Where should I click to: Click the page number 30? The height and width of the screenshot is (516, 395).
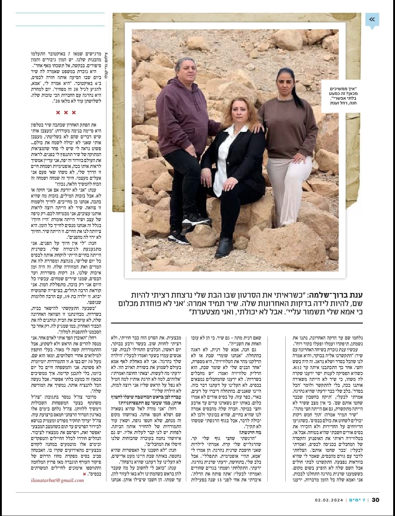[x=376, y=500]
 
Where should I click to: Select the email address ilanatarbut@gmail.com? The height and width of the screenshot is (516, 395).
[x=60, y=480]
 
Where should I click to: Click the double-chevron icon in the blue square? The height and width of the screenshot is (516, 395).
[x=372, y=19]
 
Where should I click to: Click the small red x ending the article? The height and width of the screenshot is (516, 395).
[x=84, y=474]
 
